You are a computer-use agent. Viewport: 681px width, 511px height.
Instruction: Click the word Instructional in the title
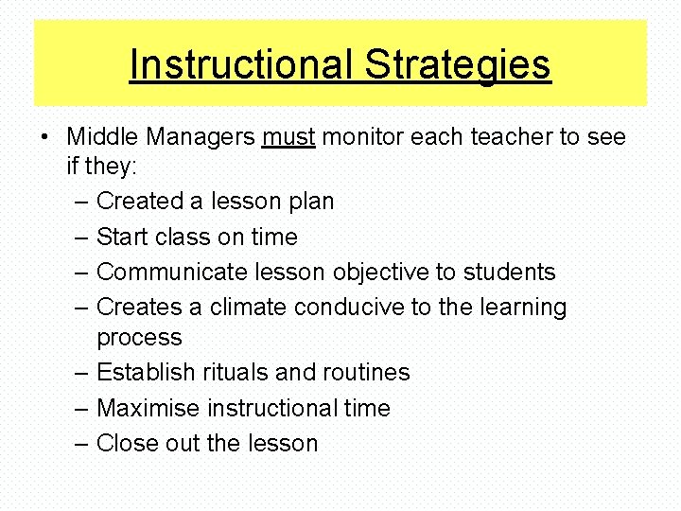click(242, 65)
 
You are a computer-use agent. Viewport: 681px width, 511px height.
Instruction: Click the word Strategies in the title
click(458, 65)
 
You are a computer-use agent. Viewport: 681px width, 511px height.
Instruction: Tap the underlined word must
click(288, 137)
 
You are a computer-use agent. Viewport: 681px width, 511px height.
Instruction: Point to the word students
click(509, 273)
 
